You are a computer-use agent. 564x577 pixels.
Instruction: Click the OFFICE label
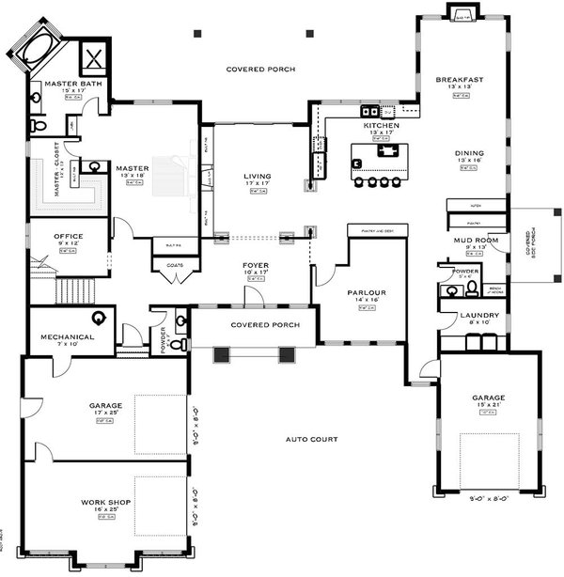pos(68,236)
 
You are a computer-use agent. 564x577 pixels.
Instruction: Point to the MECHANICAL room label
pos(67,335)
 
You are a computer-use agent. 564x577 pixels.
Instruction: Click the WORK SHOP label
pos(106,503)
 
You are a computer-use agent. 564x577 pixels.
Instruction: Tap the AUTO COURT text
pos(312,439)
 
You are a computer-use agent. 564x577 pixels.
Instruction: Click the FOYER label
pos(256,266)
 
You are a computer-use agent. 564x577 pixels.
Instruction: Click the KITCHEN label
pos(382,125)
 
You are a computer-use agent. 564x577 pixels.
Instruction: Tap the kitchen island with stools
pos(376,159)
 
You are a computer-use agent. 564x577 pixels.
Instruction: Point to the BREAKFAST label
pos(460,80)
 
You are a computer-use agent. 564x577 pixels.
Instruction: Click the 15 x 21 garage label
pos(489,398)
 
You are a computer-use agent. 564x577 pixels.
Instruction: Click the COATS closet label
pos(174,265)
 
